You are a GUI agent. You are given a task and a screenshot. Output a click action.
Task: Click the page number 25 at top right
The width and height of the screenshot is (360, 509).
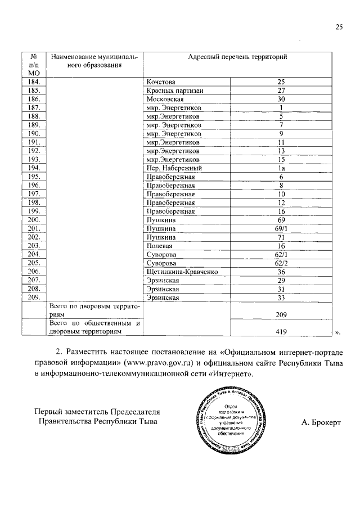339,26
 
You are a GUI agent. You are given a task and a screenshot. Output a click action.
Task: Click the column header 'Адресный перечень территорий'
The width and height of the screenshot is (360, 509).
237,57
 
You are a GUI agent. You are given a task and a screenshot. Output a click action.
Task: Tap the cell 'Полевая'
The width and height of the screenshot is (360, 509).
159,246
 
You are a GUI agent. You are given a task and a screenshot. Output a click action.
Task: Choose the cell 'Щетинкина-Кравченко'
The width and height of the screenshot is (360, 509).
182,272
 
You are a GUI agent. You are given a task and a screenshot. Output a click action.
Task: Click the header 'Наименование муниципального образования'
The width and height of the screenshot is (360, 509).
94,61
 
